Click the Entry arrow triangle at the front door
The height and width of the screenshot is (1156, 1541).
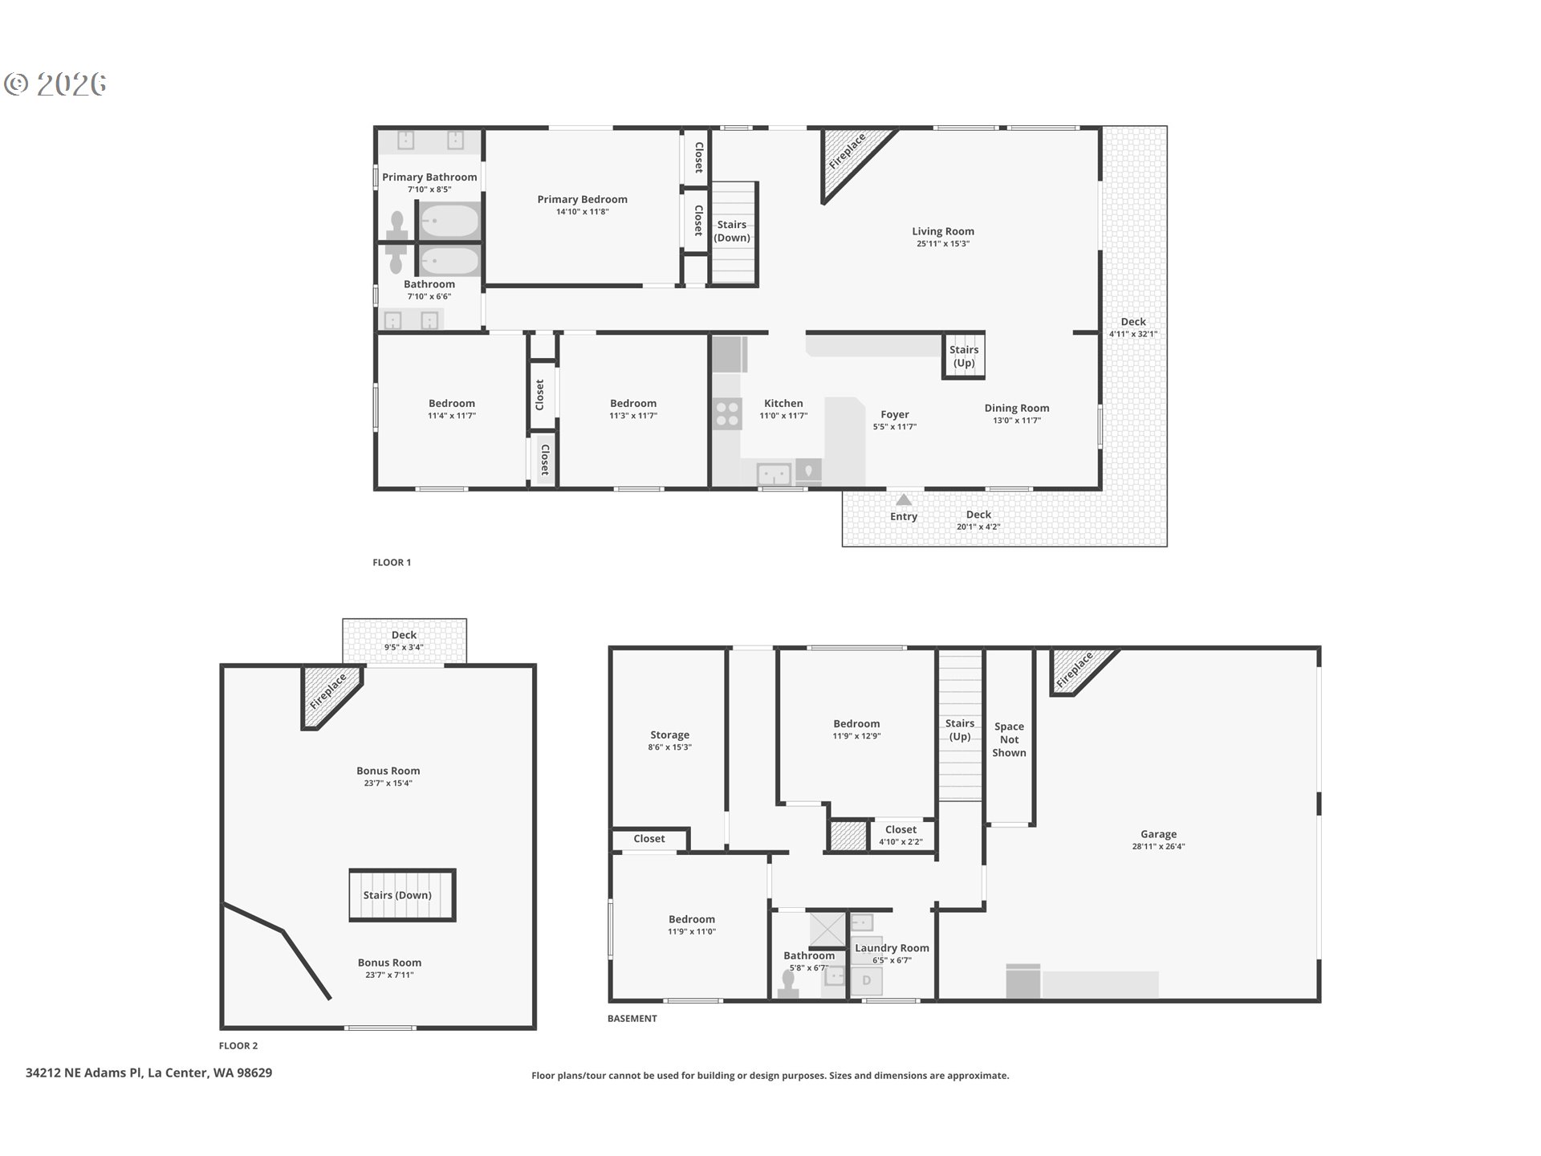point(904,499)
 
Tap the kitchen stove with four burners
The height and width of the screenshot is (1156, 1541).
point(727,413)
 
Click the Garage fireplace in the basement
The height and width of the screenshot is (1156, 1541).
point(1080,670)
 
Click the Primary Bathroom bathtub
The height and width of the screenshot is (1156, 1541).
point(449,220)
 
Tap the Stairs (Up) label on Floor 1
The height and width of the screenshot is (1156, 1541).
point(964,356)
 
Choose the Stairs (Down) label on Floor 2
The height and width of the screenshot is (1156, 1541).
point(397,895)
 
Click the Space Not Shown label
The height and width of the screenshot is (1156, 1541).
point(1009,739)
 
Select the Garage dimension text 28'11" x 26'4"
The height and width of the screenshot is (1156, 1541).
point(1158,846)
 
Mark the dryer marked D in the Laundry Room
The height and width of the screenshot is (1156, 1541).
point(866,980)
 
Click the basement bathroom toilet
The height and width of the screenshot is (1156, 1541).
point(788,986)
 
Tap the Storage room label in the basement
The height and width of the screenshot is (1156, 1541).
point(669,735)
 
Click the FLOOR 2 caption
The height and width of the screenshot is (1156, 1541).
point(238,1045)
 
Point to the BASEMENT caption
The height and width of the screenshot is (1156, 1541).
point(632,1018)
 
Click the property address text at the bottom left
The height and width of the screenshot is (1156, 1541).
point(148,1073)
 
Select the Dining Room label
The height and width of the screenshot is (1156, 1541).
point(1017,408)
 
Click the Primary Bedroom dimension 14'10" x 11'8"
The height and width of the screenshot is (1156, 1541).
point(583,212)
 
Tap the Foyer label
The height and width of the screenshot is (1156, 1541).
point(895,414)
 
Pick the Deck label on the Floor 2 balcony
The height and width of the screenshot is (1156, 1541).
point(404,635)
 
